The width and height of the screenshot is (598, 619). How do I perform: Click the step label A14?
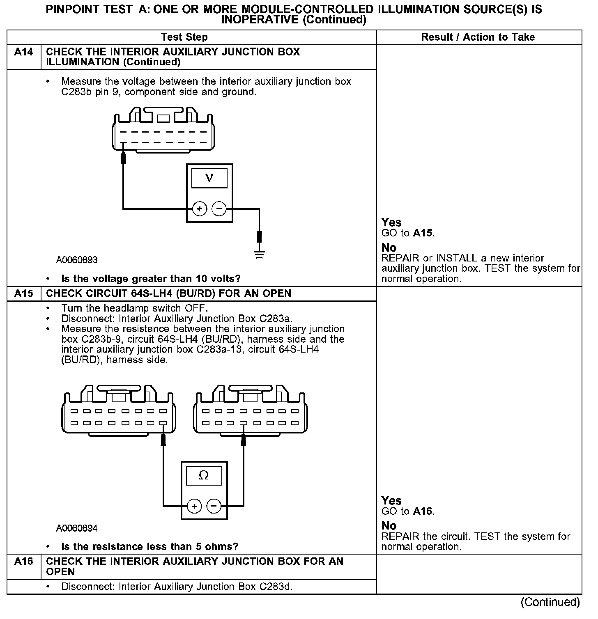(x=24, y=52)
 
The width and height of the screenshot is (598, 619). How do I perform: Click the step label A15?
(x=24, y=293)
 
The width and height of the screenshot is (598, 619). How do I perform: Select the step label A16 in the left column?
(x=24, y=562)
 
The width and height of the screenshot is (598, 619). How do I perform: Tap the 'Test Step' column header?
(x=184, y=37)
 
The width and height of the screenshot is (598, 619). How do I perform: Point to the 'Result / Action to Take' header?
(x=478, y=37)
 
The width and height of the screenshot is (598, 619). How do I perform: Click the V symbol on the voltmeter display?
(x=209, y=178)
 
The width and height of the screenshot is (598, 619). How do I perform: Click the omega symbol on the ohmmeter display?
(x=204, y=475)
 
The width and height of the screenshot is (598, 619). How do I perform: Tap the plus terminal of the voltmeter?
(x=200, y=209)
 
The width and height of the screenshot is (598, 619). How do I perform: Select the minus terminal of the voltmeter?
(x=219, y=209)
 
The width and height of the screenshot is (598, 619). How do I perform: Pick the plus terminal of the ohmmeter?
(x=194, y=506)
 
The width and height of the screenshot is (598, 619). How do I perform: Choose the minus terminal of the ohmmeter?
(x=214, y=506)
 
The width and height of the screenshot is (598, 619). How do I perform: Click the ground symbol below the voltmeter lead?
(x=259, y=254)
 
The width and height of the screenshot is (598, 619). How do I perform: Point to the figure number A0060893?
(x=77, y=260)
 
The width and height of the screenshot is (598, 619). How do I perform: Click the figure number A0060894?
(x=77, y=528)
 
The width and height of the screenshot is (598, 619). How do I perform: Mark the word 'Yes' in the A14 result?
(x=391, y=222)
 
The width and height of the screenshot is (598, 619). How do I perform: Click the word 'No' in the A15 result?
(x=389, y=526)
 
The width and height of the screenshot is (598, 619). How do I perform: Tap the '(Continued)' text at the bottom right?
(x=550, y=602)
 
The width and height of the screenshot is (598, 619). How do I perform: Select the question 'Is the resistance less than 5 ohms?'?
(x=149, y=547)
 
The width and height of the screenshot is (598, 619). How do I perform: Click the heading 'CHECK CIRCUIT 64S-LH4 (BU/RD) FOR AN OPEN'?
(x=169, y=293)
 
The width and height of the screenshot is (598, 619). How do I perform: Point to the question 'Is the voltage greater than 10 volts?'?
(x=151, y=279)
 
